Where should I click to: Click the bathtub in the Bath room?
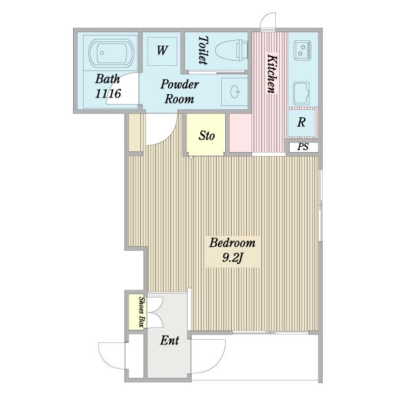tap(111, 53)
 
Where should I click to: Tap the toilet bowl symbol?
tap(232, 51)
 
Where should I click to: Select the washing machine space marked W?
tap(162, 51)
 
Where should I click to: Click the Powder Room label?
tap(180, 92)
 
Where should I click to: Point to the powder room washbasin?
tap(235, 92)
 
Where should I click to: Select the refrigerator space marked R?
tap(302, 122)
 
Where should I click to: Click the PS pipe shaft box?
tap(303, 147)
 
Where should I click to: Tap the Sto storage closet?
tap(206, 134)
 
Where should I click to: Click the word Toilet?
tap(203, 50)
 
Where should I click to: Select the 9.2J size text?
tap(232, 257)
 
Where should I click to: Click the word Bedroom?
tap(232, 243)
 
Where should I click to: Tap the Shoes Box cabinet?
tap(136, 312)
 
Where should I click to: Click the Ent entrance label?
tap(170, 340)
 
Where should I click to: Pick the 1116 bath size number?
tap(108, 93)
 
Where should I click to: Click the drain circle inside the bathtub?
tap(102, 53)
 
